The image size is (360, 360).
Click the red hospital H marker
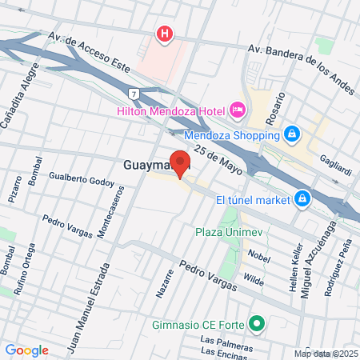click(x=165, y=34)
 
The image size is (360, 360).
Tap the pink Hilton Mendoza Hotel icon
click(x=238, y=108)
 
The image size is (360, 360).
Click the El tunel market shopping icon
click(x=302, y=197)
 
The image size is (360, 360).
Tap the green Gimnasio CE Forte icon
click(x=257, y=324)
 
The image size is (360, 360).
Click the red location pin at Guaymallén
click(x=181, y=164)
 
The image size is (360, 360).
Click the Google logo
click(x=26, y=350)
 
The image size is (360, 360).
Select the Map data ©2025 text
click(x=326, y=354)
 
